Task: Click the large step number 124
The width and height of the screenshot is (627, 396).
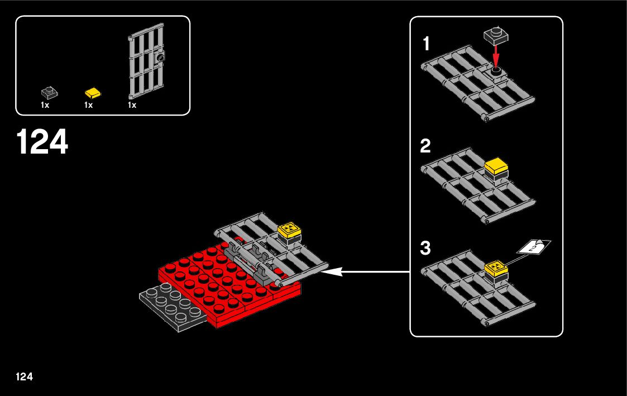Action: (x=42, y=142)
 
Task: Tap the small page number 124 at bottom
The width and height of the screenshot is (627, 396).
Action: (x=25, y=376)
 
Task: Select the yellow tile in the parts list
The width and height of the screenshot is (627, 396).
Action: (x=93, y=92)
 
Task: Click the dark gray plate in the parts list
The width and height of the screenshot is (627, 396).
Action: (x=49, y=92)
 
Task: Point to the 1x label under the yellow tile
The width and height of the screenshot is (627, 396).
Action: (x=88, y=105)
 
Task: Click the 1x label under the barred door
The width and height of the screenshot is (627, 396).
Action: (x=132, y=105)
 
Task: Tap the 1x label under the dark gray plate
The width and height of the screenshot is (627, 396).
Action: (x=45, y=105)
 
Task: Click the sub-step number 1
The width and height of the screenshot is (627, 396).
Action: (x=427, y=44)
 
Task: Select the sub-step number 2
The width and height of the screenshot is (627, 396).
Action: (x=425, y=146)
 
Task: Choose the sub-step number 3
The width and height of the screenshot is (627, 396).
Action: (x=425, y=249)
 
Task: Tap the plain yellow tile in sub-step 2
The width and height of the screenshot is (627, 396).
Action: (x=496, y=167)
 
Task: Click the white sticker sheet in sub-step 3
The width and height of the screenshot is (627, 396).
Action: (x=534, y=246)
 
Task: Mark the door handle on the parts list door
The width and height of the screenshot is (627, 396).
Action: (x=161, y=57)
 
